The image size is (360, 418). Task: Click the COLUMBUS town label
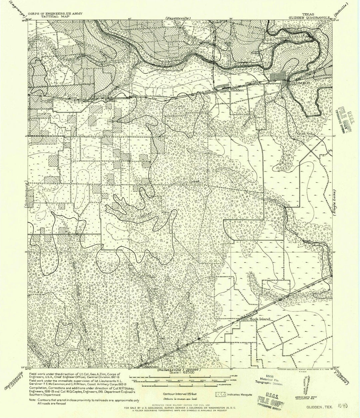pyautogui.click(x=300, y=83)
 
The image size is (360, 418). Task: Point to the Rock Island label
pyautogui.click(x=260, y=319)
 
